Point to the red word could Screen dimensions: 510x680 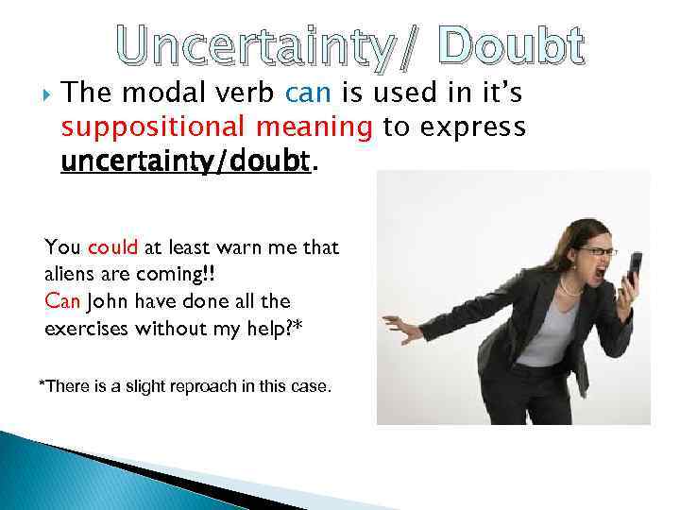pos(113,248)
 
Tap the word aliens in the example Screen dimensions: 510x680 pos(68,275)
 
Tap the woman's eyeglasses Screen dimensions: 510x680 pos(597,252)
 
